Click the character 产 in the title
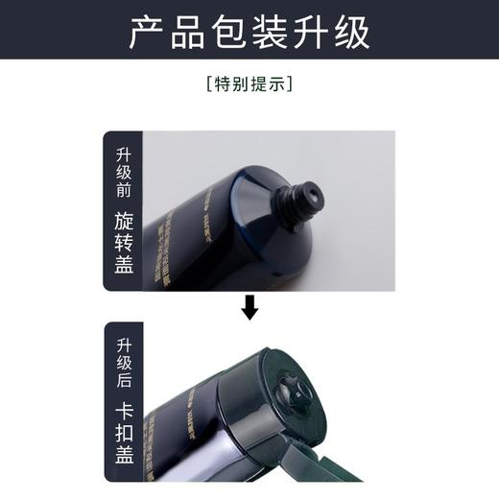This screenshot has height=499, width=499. [x=147, y=31]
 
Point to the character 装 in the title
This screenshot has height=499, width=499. [x=300, y=31]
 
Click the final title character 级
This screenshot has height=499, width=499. [x=352, y=31]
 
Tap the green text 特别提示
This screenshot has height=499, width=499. [x=249, y=84]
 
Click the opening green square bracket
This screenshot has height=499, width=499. [x=209, y=84]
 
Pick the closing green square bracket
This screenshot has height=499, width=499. [x=290, y=84]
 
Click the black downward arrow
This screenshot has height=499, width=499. [x=249, y=306]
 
